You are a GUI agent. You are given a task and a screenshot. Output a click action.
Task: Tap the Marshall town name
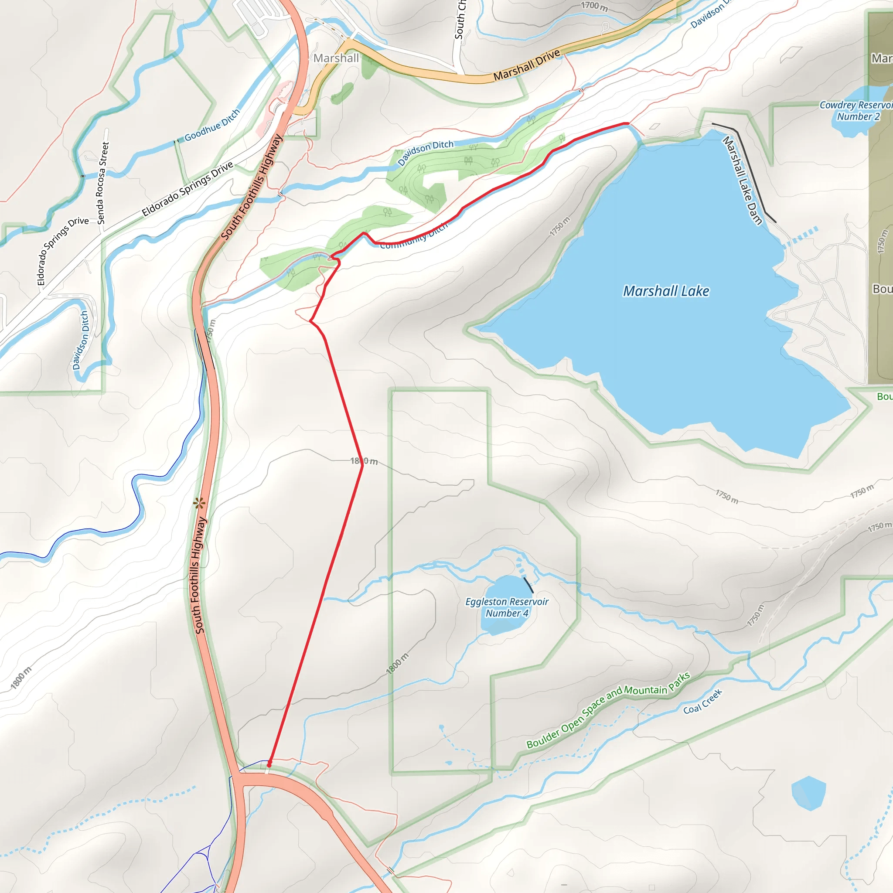[x=336, y=58]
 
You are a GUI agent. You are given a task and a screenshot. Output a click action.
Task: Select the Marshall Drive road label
[x=526, y=65]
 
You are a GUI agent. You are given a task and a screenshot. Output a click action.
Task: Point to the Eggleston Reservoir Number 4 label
[x=507, y=607]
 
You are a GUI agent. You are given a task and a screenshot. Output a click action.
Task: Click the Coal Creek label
[x=702, y=701]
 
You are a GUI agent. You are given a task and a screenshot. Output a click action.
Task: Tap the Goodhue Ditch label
[x=212, y=125]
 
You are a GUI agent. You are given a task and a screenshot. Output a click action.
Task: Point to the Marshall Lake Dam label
[x=742, y=180]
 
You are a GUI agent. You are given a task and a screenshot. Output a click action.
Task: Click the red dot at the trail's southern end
[x=269, y=765]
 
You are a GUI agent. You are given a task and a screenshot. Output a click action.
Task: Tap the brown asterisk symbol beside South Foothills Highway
[x=199, y=503]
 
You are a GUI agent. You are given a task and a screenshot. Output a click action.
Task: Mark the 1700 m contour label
[x=594, y=6]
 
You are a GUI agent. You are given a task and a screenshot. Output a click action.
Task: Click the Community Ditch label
[x=414, y=237]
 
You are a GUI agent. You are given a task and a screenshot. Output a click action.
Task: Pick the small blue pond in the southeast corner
[x=808, y=793]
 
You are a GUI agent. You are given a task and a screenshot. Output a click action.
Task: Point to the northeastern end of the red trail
[x=627, y=124]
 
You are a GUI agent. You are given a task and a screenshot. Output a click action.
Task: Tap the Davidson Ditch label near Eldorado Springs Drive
[x=80, y=340]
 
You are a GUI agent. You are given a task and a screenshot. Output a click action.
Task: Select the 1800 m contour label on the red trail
[x=364, y=461]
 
